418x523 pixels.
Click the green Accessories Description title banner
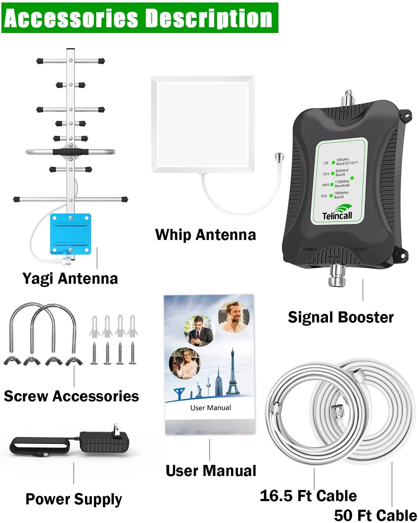pyautogui.click(x=140, y=18)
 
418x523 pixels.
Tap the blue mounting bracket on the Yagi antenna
pyautogui.click(x=70, y=233)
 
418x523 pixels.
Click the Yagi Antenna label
pyautogui.click(x=70, y=278)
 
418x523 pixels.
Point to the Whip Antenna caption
pyautogui.click(x=205, y=235)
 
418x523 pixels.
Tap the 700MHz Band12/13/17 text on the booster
pyautogui.click(x=346, y=161)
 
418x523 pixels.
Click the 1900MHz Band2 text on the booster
pyautogui.click(x=341, y=195)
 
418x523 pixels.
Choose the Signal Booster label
pyautogui.click(x=340, y=317)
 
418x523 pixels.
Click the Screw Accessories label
pyautogui.click(x=71, y=396)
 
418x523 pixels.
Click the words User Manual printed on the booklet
pyautogui.click(x=211, y=407)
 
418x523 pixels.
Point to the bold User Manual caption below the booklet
pyautogui.click(x=211, y=471)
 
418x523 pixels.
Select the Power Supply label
pyautogui.click(x=74, y=499)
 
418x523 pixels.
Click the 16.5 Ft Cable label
pyautogui.click(x=308, y=496)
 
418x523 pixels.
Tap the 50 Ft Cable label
pyautogui.click(x=375, y=515)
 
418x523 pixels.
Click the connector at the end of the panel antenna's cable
pyautogui.click(x=278, y=157)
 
